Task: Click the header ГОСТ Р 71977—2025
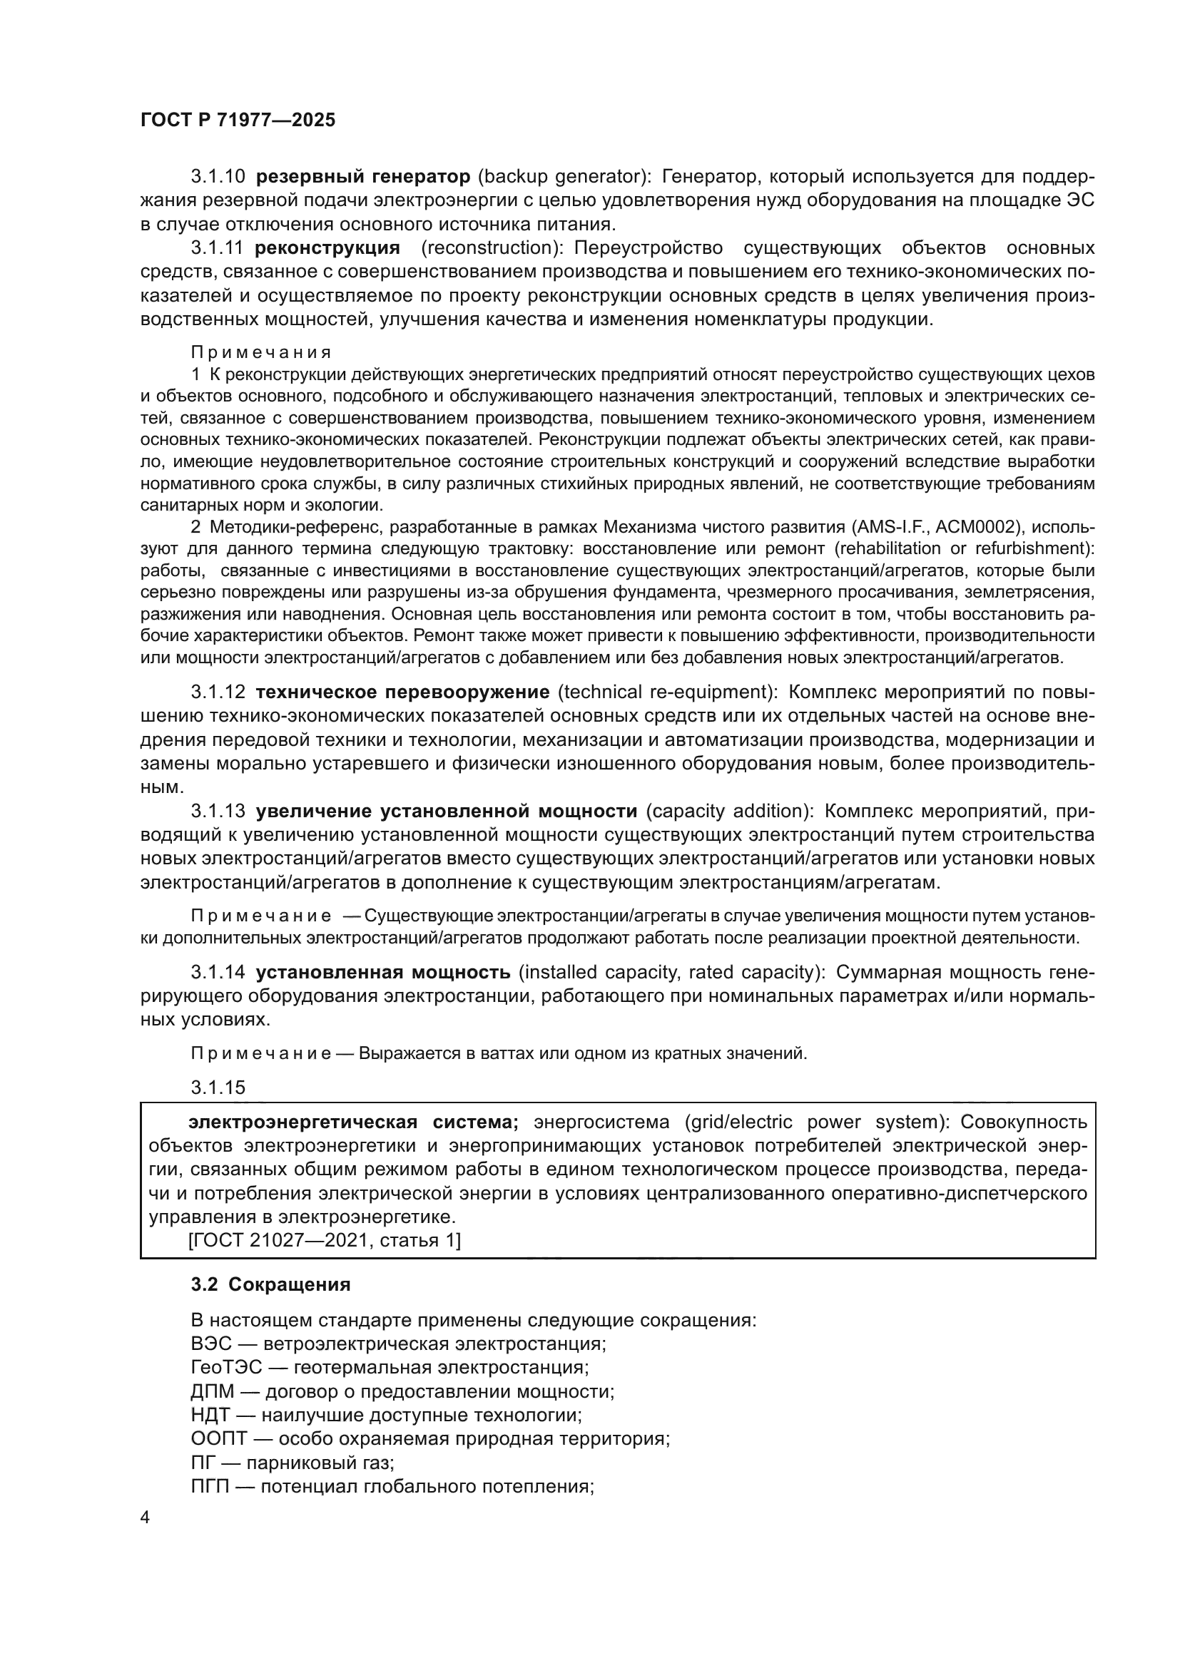238,121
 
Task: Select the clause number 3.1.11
217,247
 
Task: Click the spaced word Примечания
261,352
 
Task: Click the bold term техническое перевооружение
403,692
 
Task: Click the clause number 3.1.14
218,972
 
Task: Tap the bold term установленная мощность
384,972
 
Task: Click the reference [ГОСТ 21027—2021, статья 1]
324,1241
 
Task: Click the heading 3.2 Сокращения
271,1284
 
